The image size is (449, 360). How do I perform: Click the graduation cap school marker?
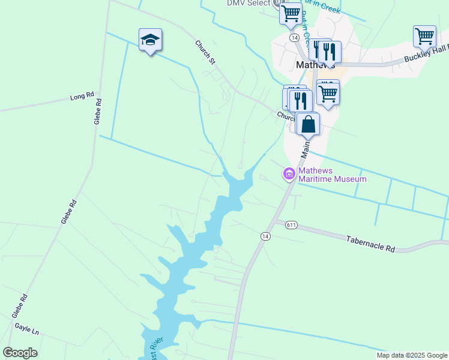coord(150,40)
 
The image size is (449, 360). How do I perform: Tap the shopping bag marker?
coord(308,124)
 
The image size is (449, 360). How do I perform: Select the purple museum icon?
coord(289,174)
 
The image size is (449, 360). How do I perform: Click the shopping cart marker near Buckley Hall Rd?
coord(424,36)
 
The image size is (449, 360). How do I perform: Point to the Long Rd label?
coord(82,96)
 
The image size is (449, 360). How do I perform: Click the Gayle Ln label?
coord(26,331)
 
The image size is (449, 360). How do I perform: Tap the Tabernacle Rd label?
coord(370,243)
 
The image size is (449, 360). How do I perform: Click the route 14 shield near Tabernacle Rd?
coord(265,236)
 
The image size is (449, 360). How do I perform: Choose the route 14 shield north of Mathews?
coord(294,37)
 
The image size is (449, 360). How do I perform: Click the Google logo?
coord(20,353)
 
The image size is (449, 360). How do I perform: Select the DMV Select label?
coord(249,3)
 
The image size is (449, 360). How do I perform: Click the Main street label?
coord(306,147)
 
